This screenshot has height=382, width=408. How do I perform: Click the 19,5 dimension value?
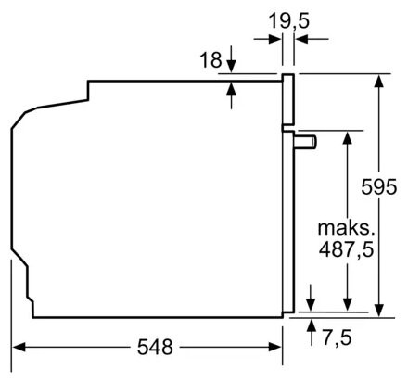[x=288, y=21]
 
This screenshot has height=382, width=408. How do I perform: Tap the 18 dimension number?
[x=210, y=60]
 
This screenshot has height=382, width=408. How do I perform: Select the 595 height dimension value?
[x=379, y=186]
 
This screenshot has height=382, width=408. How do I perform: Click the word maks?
[x=346, y=228]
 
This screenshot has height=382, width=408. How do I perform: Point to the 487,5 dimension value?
[x=346, y=249]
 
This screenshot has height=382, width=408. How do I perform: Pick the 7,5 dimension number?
[x=338, y=337]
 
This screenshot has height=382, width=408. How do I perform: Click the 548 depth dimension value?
[x=155, y=347]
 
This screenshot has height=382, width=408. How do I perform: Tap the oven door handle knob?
[x=306, y=143]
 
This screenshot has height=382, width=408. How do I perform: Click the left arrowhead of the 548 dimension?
[x=19, y=347]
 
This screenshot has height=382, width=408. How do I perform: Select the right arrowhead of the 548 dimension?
[x=274, y=347]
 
